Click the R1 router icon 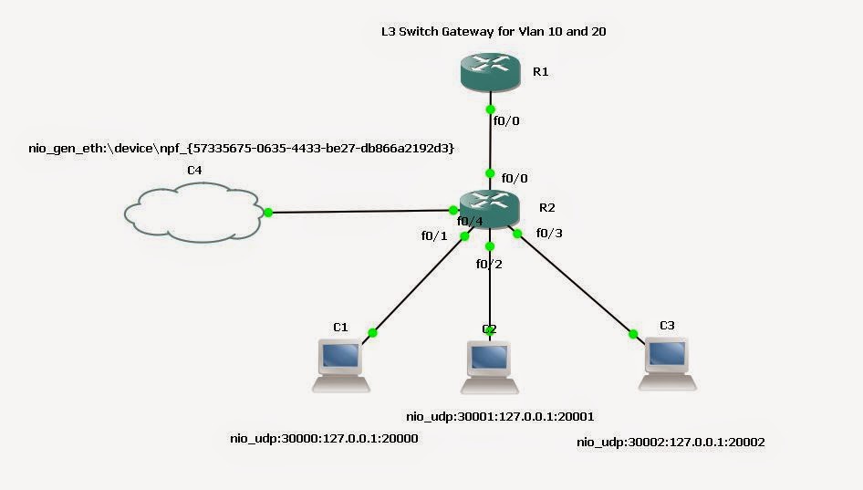[x=490, y=72]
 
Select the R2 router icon [x=490, y=209]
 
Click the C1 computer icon [x=341, y=364]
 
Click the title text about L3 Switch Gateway [x=494, y=31]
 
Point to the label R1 [x=540, y=71]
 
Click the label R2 [x=546, y=207]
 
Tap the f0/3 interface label [x=550, y=233]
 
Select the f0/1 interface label [x=433, y=235]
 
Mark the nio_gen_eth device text [x=241, y=147]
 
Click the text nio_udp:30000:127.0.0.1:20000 [x=324, y=439]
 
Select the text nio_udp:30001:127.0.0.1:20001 [x=500, y=416]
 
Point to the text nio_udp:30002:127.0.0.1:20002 [x=671, y=442]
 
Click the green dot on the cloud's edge [x=268, y=213]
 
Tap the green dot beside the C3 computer [x=632, y=333]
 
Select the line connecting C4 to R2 [x=365, y=213]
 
